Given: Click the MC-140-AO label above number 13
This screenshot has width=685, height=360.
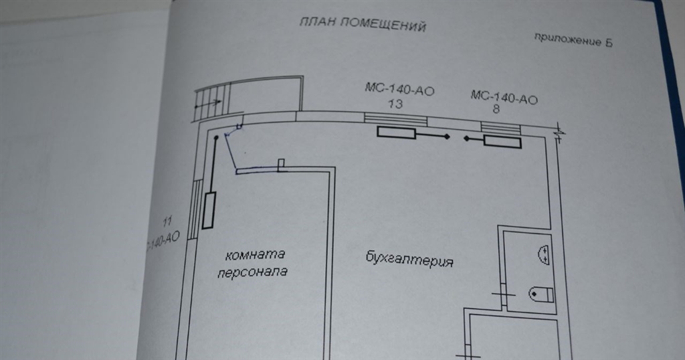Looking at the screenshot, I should coord(399,90).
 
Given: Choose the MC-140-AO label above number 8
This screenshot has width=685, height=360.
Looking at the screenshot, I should coord(504,98).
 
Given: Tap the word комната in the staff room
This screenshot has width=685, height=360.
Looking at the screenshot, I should coord(256,255).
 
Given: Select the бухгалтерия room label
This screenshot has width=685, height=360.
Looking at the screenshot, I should coord(410,260).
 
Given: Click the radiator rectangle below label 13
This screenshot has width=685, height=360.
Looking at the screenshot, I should coord(396,133).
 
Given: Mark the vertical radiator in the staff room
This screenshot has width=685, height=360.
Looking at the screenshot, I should coord(209,210).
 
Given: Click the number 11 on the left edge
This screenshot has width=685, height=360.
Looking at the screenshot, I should coord(168,219).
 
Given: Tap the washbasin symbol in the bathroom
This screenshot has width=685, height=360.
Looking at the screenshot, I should coord(544,254).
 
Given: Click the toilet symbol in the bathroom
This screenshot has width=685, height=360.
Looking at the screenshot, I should coord(541,294).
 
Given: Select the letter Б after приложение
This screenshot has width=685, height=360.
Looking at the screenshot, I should coord(609,44).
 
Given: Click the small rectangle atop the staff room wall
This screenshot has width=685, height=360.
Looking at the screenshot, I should coord(282,164).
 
